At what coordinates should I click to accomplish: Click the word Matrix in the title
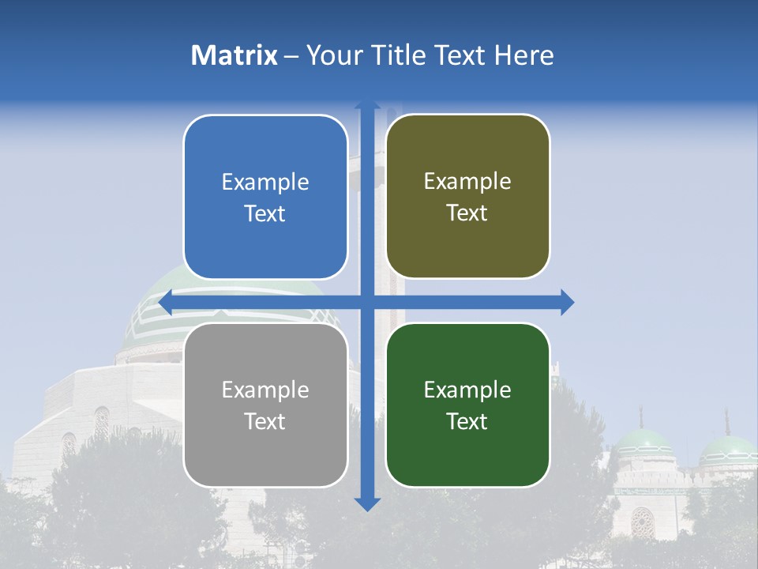tap(235, 55)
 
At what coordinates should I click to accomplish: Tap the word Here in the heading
tap(524, 55)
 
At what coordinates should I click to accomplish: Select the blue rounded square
tap(265, 197)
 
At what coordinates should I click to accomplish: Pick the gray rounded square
tap(265, 405)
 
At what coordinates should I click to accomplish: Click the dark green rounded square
tap(467, 405)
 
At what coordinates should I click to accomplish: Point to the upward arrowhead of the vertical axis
tap(367, 106)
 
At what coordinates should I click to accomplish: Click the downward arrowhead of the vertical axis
tap(367, 503)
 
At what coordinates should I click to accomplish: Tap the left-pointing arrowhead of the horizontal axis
tap(167, 302)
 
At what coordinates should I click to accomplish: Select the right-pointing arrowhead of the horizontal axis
tap(567, 302)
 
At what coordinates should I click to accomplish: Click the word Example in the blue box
tap(265, 182)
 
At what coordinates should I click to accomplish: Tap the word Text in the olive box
tap(467, 213)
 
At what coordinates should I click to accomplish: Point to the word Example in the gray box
tap(265, 390)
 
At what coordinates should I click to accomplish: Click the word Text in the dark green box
tap(467, 421)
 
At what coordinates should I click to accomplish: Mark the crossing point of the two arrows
tap(367, 302)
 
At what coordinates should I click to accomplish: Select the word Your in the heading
tap(327, 55)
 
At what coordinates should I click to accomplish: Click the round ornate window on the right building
tap(643, 522)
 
